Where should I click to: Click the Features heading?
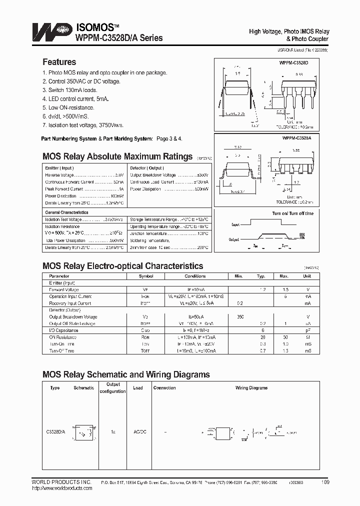59,62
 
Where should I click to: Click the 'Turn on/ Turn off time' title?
292,213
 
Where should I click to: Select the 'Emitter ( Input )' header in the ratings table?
59,168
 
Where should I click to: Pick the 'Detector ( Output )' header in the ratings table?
146,168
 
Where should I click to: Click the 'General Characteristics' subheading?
66,212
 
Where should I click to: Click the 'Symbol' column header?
146,276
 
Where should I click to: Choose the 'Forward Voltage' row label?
63,289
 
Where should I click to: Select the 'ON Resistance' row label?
62,337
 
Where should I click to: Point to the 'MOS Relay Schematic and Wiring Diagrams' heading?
126,374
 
